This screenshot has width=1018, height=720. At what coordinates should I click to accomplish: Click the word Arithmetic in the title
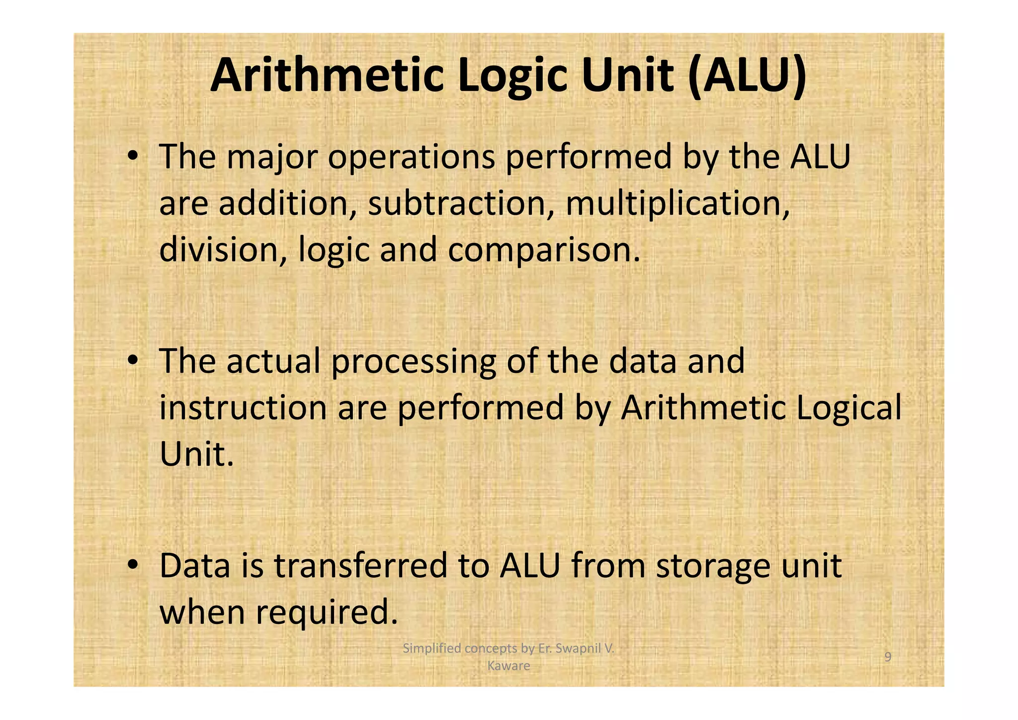tap(326, 76)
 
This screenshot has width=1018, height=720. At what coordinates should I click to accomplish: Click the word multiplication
tap(677, 205)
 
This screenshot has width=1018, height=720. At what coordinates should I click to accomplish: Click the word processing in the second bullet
tap(413, 362)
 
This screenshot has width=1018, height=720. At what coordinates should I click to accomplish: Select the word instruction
tap(243, 408)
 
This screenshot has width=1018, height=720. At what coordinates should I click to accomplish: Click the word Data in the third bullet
tap(195, 566)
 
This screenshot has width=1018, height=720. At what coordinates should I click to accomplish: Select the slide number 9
tap(888, 657)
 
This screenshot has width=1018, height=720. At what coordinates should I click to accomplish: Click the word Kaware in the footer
tap(509, 666)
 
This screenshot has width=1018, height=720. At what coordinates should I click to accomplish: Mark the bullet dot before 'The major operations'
tap(132, 157)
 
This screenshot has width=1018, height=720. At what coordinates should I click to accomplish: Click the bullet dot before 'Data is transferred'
tap(132, 566)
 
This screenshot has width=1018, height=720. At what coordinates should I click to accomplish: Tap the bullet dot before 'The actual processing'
tap(132, 361)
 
